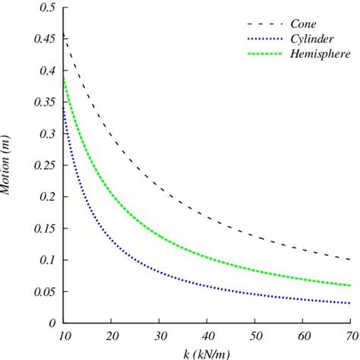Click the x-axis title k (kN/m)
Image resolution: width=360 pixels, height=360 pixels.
point(207,353)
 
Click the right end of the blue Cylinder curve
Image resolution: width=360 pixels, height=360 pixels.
point(349,303)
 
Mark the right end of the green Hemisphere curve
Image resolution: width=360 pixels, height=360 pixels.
point(349,286)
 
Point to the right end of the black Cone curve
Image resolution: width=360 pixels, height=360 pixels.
point(349,260)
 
